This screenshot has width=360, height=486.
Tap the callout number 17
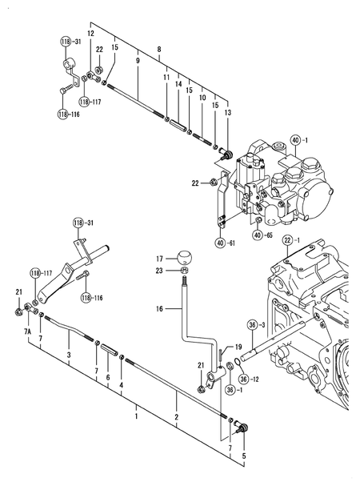tap(159, 258)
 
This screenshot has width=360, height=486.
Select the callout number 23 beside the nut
tap(159, 271)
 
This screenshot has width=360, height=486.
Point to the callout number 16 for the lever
tap(159, 307)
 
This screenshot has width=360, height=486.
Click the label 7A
tap(27, 331)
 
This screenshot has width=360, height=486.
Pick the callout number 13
tap(229, 113)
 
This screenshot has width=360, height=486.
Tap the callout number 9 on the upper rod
tap(138, 61)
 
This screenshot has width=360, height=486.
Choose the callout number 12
tap(90, 34)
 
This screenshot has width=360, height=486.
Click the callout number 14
tap(178, 84)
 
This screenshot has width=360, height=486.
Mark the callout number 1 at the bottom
tap(136, 417)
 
